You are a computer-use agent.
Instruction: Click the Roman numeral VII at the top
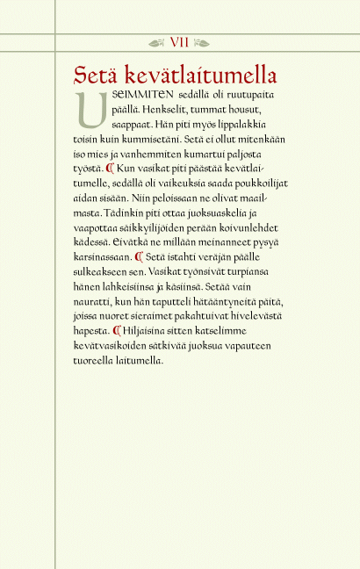click(179, 41)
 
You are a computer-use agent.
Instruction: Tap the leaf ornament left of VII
click(157, 41)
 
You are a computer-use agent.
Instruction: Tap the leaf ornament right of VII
click(202, 41)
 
